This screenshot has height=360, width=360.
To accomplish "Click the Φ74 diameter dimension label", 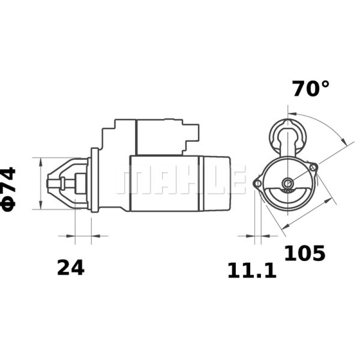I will tap(10, 189).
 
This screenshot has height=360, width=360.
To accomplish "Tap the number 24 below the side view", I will tap(70, 268).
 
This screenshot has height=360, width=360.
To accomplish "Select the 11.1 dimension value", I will tap(252, 271).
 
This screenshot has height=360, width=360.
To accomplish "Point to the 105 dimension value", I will tap(304, 254).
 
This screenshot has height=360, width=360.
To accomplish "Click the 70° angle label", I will tap(310, 89).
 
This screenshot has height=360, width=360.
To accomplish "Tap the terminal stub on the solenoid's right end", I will tap(196, 131).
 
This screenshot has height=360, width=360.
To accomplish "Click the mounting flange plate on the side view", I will tap(94, 180).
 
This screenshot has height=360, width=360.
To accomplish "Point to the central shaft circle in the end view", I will tap(287, 183).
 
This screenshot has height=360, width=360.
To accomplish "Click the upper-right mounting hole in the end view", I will tap(313, 168).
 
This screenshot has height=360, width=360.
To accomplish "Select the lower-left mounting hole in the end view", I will tap(257, 183).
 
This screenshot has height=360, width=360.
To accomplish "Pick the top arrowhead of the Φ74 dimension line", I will tap(41, 161).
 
